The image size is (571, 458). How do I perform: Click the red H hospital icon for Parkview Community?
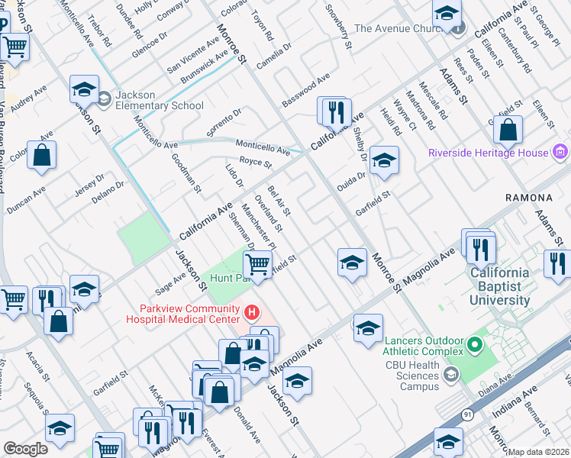pyautogui.click(x=250, y=311)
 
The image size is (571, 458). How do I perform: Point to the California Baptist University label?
pyautogui.click(x=500, y=286)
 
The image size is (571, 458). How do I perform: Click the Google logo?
pyautogui.click(x=25, y=448)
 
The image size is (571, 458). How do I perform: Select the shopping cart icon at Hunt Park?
pyautogui.click(x=258, y=266)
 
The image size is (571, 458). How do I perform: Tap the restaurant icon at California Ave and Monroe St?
pyautogui.click(x=334, y=112)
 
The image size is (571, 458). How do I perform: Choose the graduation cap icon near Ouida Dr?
pyautogui.click(x=384, y=161)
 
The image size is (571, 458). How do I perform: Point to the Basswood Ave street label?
pyautogui.click(x=305, y=89)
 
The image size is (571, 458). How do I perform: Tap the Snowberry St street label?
pyautogui.click(x=338, y=26)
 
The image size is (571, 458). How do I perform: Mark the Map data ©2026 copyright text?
pyautogui.click(x=539, y=451)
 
